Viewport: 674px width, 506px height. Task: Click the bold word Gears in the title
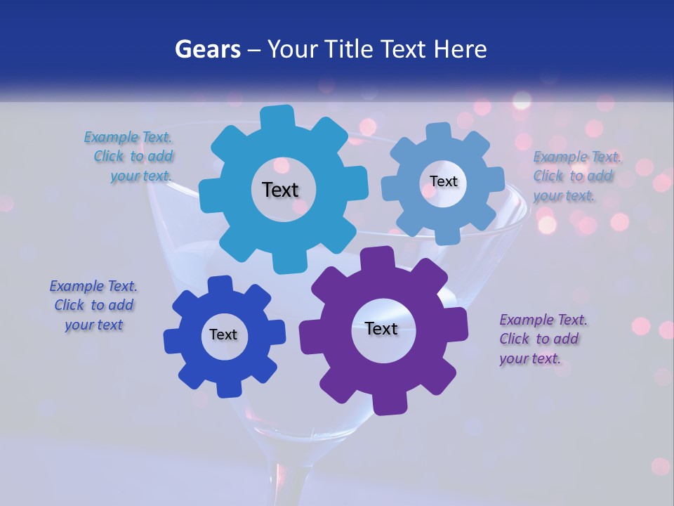pos(207,49)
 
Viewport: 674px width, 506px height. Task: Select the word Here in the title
pos(460,49)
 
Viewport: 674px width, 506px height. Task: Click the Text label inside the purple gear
pos(381,328)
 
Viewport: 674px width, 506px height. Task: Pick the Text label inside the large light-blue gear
pos(280,190)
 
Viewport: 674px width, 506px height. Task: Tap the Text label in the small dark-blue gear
pos(223,335)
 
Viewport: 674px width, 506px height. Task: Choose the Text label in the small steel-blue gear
pos(443,181)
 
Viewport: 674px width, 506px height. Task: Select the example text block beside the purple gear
pos(543,339)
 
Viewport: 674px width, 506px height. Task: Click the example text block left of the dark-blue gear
pos(93,306)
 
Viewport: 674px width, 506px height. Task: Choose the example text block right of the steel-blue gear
pos(576,176)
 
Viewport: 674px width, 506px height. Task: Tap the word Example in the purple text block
pos(527,320)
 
